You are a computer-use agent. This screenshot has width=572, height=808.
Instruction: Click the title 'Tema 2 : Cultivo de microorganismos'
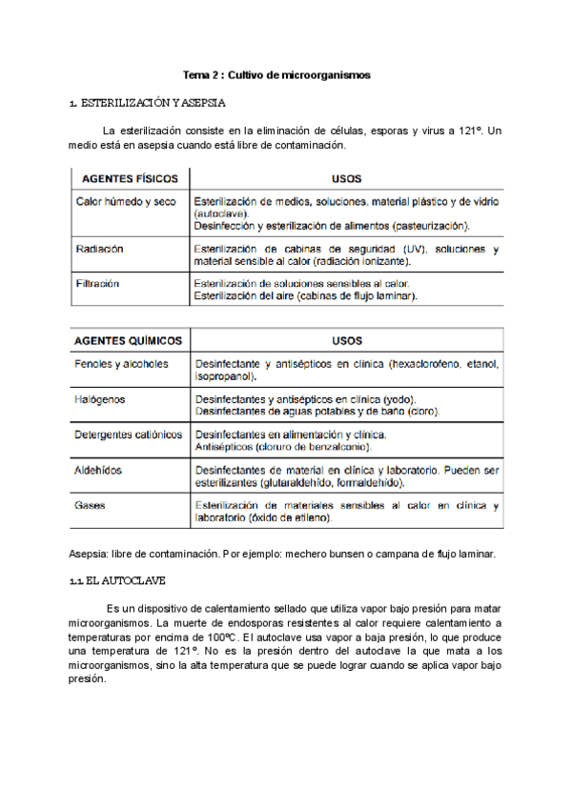276,74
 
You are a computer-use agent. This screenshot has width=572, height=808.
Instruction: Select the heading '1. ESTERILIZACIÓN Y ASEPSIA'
149,102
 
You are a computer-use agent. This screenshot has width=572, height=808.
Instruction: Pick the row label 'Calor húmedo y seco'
126,202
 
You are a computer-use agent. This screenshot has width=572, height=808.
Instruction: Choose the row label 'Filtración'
98,284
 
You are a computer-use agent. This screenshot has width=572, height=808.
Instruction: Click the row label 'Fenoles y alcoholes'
121,364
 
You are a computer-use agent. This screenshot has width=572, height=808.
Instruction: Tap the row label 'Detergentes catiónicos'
129,434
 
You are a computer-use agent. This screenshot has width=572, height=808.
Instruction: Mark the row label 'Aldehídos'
98,470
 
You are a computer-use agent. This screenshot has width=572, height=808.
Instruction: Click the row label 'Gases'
91,505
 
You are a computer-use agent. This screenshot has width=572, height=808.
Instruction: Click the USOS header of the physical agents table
345,179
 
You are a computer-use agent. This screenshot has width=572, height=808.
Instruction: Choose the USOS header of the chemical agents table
346,340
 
